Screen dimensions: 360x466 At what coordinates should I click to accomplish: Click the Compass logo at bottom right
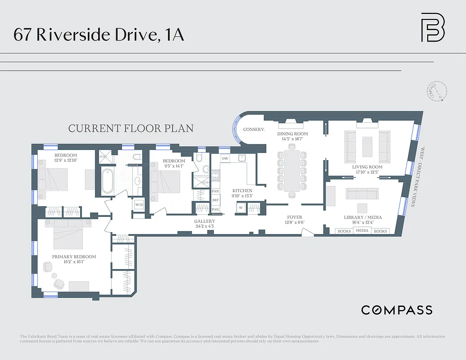tap(397, 310)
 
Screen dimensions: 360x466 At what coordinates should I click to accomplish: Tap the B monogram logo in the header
tap(432, 27)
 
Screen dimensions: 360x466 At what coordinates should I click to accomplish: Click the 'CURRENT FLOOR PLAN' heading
tap(131, 128)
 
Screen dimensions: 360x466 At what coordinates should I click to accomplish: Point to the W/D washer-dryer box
tap(139, 204)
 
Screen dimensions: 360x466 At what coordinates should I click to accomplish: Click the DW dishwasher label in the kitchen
tap(225, 159)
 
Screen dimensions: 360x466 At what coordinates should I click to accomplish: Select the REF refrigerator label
tap(216, 200)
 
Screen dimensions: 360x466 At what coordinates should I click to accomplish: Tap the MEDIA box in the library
tap(362, 231)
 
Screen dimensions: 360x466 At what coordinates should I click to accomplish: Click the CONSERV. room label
tap(253, 130)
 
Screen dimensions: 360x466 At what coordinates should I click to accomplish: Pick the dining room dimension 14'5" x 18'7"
tap(292, 139)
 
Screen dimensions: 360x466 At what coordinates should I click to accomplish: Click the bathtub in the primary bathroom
tap(107, 181)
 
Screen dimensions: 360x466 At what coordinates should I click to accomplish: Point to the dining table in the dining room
tap(292, 171)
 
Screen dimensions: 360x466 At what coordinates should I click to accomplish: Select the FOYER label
tap(295, 217)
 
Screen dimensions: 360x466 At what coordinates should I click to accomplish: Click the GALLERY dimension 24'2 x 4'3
tap(204, 227)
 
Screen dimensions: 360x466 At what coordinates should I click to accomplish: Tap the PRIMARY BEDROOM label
tap(74, 257)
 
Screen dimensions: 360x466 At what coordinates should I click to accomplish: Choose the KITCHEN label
tap(242, 191)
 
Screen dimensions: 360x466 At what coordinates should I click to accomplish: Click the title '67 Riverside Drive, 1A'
tap(99, 35)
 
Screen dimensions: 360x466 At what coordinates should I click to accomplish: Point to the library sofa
tap(362, 193)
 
